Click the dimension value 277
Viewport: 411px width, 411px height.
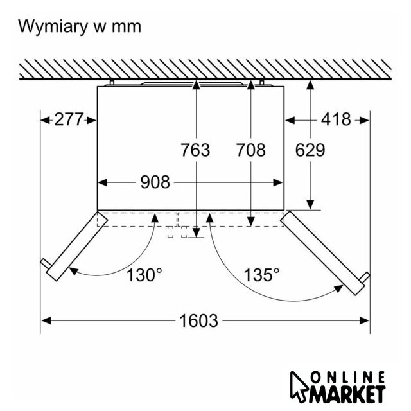tap(69, 119)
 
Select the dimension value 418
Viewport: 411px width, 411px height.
tap(336, 119)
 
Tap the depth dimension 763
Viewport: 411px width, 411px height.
tap(195, 150)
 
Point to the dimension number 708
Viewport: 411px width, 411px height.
tap(251, 150)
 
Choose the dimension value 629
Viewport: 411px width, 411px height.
tap(310, 150)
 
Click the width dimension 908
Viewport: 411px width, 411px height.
tap(155, 182)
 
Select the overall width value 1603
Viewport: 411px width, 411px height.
tap(198, 320)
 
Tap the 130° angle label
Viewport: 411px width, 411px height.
tap(144, 275)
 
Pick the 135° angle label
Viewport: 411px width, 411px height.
tap(261, 275)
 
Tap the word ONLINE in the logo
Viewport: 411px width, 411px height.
tap(347, 378)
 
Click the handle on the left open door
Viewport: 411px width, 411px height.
tap(46, 263)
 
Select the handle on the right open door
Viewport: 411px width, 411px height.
tap(365, 277)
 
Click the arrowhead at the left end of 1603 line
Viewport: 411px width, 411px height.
tap(46, 320)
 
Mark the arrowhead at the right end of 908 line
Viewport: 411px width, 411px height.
tap(278, 182)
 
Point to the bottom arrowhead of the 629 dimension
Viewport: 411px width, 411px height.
tap(310, 205)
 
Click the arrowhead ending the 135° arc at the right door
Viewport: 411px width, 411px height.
tap(338, 288)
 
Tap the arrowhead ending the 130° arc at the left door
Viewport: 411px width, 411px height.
tap(74, 271)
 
